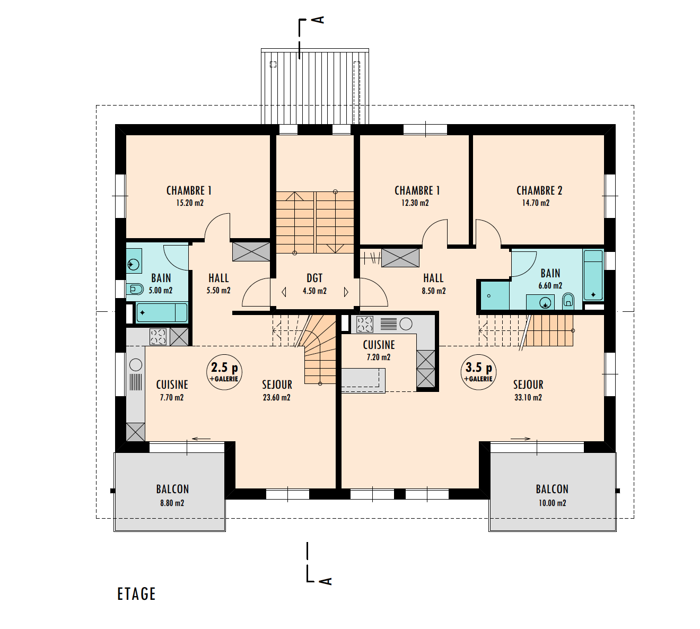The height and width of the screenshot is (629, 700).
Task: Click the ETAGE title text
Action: pos(136,594)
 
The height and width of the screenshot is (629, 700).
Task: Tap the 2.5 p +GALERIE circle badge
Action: pos(224,372)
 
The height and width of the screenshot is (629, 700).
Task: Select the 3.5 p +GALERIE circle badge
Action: pos(478,372)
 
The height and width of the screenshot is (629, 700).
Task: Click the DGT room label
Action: pos(314,278)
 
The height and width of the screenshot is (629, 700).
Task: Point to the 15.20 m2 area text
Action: pos(190,203)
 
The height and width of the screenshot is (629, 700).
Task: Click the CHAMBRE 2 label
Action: pos(539,190)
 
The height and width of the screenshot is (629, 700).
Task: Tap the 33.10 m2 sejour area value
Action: pos(528,397)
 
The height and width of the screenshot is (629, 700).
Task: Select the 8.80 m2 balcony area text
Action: pos(172,503)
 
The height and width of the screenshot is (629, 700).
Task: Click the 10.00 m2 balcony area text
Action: pos(552,503)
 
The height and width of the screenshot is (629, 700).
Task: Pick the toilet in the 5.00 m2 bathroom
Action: pos(135,289)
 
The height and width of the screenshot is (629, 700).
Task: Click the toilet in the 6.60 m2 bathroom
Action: pos(568,301)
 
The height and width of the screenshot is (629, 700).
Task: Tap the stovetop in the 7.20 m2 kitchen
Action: pos(364,324)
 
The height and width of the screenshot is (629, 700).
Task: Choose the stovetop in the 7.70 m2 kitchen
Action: pos(158,337)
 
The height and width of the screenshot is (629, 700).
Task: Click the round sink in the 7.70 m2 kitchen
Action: pos(136,364)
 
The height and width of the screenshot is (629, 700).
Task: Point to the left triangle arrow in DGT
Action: pos(284,292)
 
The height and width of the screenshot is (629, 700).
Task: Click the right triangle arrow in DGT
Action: pos(346,292)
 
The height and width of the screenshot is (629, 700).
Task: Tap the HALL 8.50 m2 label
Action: pos(433,284)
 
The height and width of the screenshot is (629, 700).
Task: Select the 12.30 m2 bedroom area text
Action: pos(415,203)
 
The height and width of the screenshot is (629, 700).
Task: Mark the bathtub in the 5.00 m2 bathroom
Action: pos(162,312)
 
